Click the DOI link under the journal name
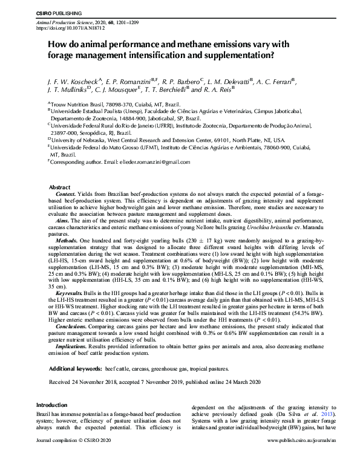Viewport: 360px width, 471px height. (67, 28)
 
